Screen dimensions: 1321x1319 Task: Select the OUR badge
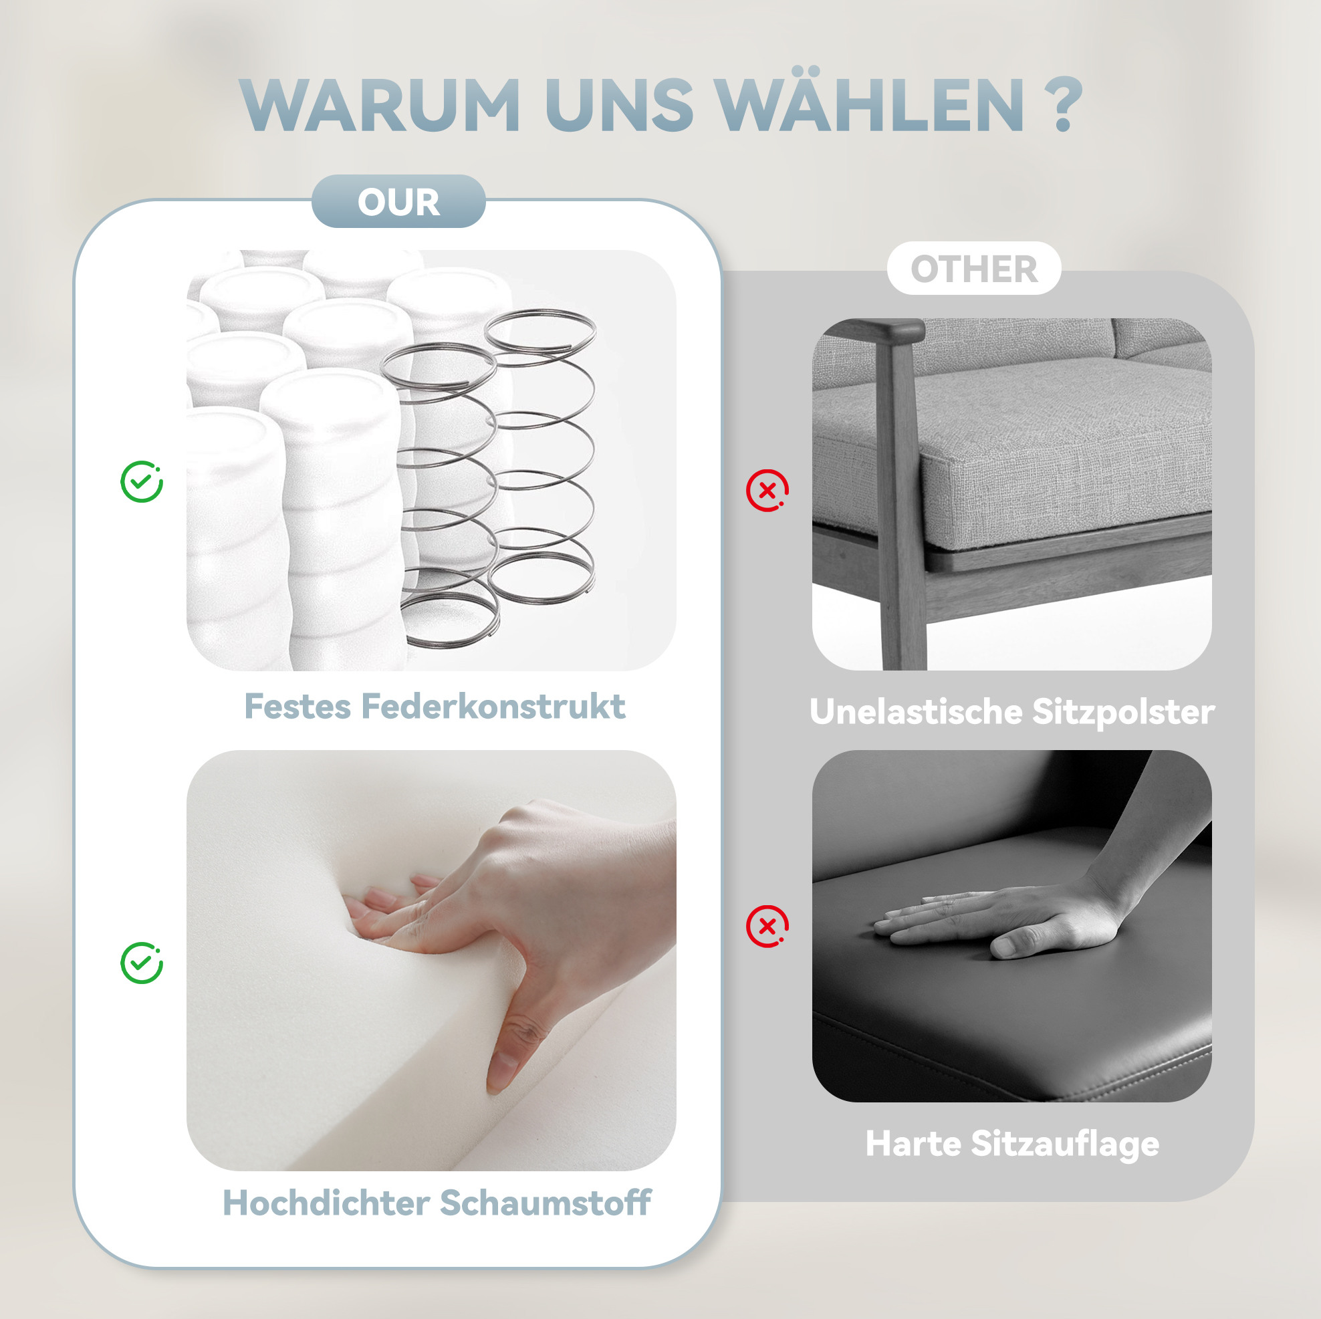[x=398, y=201]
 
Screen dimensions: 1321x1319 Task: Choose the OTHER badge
[x=973, y=268]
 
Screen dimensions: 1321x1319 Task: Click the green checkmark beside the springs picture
[x=142, y=481]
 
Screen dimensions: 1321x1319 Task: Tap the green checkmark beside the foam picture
[x=142, y=963]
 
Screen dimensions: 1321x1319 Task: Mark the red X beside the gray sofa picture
[x=767, y=490]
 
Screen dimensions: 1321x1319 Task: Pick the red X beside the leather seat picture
[x=767, y=927]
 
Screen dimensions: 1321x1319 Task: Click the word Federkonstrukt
[x=493, y=707]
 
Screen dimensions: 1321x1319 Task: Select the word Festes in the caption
[x=297, y=707]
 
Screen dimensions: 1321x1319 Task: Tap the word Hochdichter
[x=326, y=1203]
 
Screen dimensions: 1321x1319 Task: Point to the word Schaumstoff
[x=545, y=1203]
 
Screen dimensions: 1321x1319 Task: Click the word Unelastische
[x=915, y=712]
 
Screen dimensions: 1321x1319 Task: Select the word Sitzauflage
[x=1064, y=1145]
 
